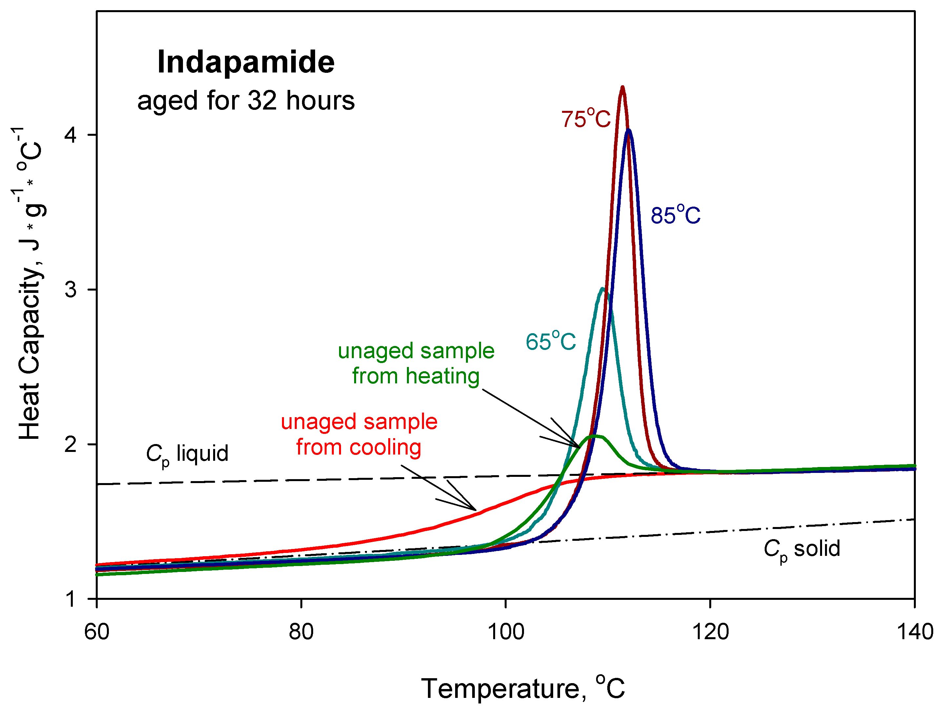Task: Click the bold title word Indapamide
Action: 246,62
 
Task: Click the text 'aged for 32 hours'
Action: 246,101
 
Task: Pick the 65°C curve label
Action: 551,341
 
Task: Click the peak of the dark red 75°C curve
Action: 622,88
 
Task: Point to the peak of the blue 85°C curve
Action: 628,131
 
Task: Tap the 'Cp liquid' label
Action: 187,454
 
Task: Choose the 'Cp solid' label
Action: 802,549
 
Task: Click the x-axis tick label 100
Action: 506,632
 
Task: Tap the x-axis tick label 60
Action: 97,632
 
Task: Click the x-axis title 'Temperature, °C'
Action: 523,688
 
